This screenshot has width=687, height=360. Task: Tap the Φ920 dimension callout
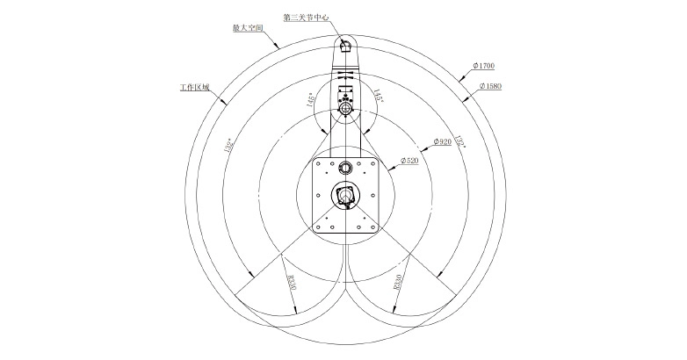[442, 140]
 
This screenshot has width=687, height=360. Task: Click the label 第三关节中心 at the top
[305, 17]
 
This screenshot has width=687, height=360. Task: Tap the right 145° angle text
[378, 96]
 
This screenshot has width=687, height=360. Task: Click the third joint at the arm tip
[344, 45]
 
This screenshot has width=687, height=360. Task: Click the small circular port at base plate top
[344, 166]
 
